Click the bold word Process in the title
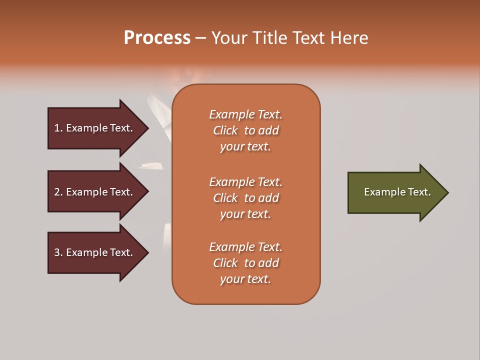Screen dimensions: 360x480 tap(157, 38)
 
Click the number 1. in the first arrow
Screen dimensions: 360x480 tap(58, 128)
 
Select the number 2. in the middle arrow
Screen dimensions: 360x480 tap(58, 192)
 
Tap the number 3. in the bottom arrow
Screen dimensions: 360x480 tap(58, 252)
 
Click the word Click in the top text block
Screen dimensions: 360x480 tap(225, 130)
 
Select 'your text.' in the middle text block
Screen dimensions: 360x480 tap(245, 214)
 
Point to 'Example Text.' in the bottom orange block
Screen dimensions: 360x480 tap(245, 247)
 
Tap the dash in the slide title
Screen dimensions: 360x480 tap(200, 38)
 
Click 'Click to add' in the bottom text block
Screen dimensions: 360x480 tap(245, 263)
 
